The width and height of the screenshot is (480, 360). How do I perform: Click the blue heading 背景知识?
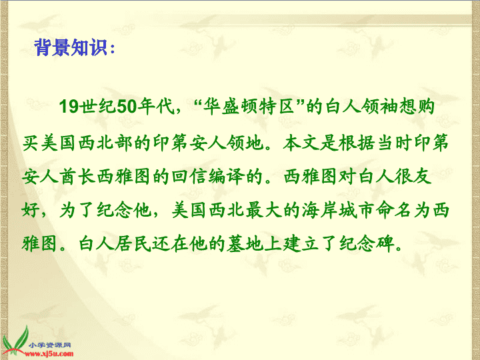71,48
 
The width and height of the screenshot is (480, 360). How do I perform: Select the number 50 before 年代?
127,107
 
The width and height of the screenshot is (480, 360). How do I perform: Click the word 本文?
301,143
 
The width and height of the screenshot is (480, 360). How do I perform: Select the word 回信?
189,176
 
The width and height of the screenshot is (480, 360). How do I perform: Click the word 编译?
226,176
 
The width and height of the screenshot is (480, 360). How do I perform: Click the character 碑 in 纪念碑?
385,244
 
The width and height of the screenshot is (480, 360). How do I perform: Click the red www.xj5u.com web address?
49,354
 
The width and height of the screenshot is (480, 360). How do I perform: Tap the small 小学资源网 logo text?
50,345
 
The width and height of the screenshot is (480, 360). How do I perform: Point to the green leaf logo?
15,341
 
